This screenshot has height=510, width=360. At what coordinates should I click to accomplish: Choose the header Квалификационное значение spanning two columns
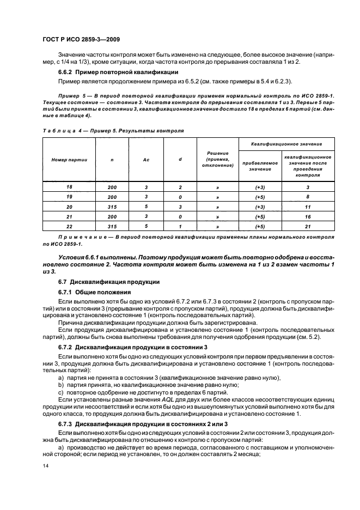click(286, 143)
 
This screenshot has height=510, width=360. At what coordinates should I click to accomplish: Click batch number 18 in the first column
click(69, 187)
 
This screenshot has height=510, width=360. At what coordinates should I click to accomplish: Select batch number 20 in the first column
click(69, 207)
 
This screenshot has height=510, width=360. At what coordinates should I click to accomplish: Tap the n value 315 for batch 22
click(112, 227)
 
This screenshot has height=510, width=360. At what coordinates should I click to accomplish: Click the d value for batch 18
click(180, 187)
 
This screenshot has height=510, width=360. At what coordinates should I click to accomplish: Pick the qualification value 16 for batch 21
click(308, 217)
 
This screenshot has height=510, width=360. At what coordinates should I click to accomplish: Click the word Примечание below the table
click(80, 238)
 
